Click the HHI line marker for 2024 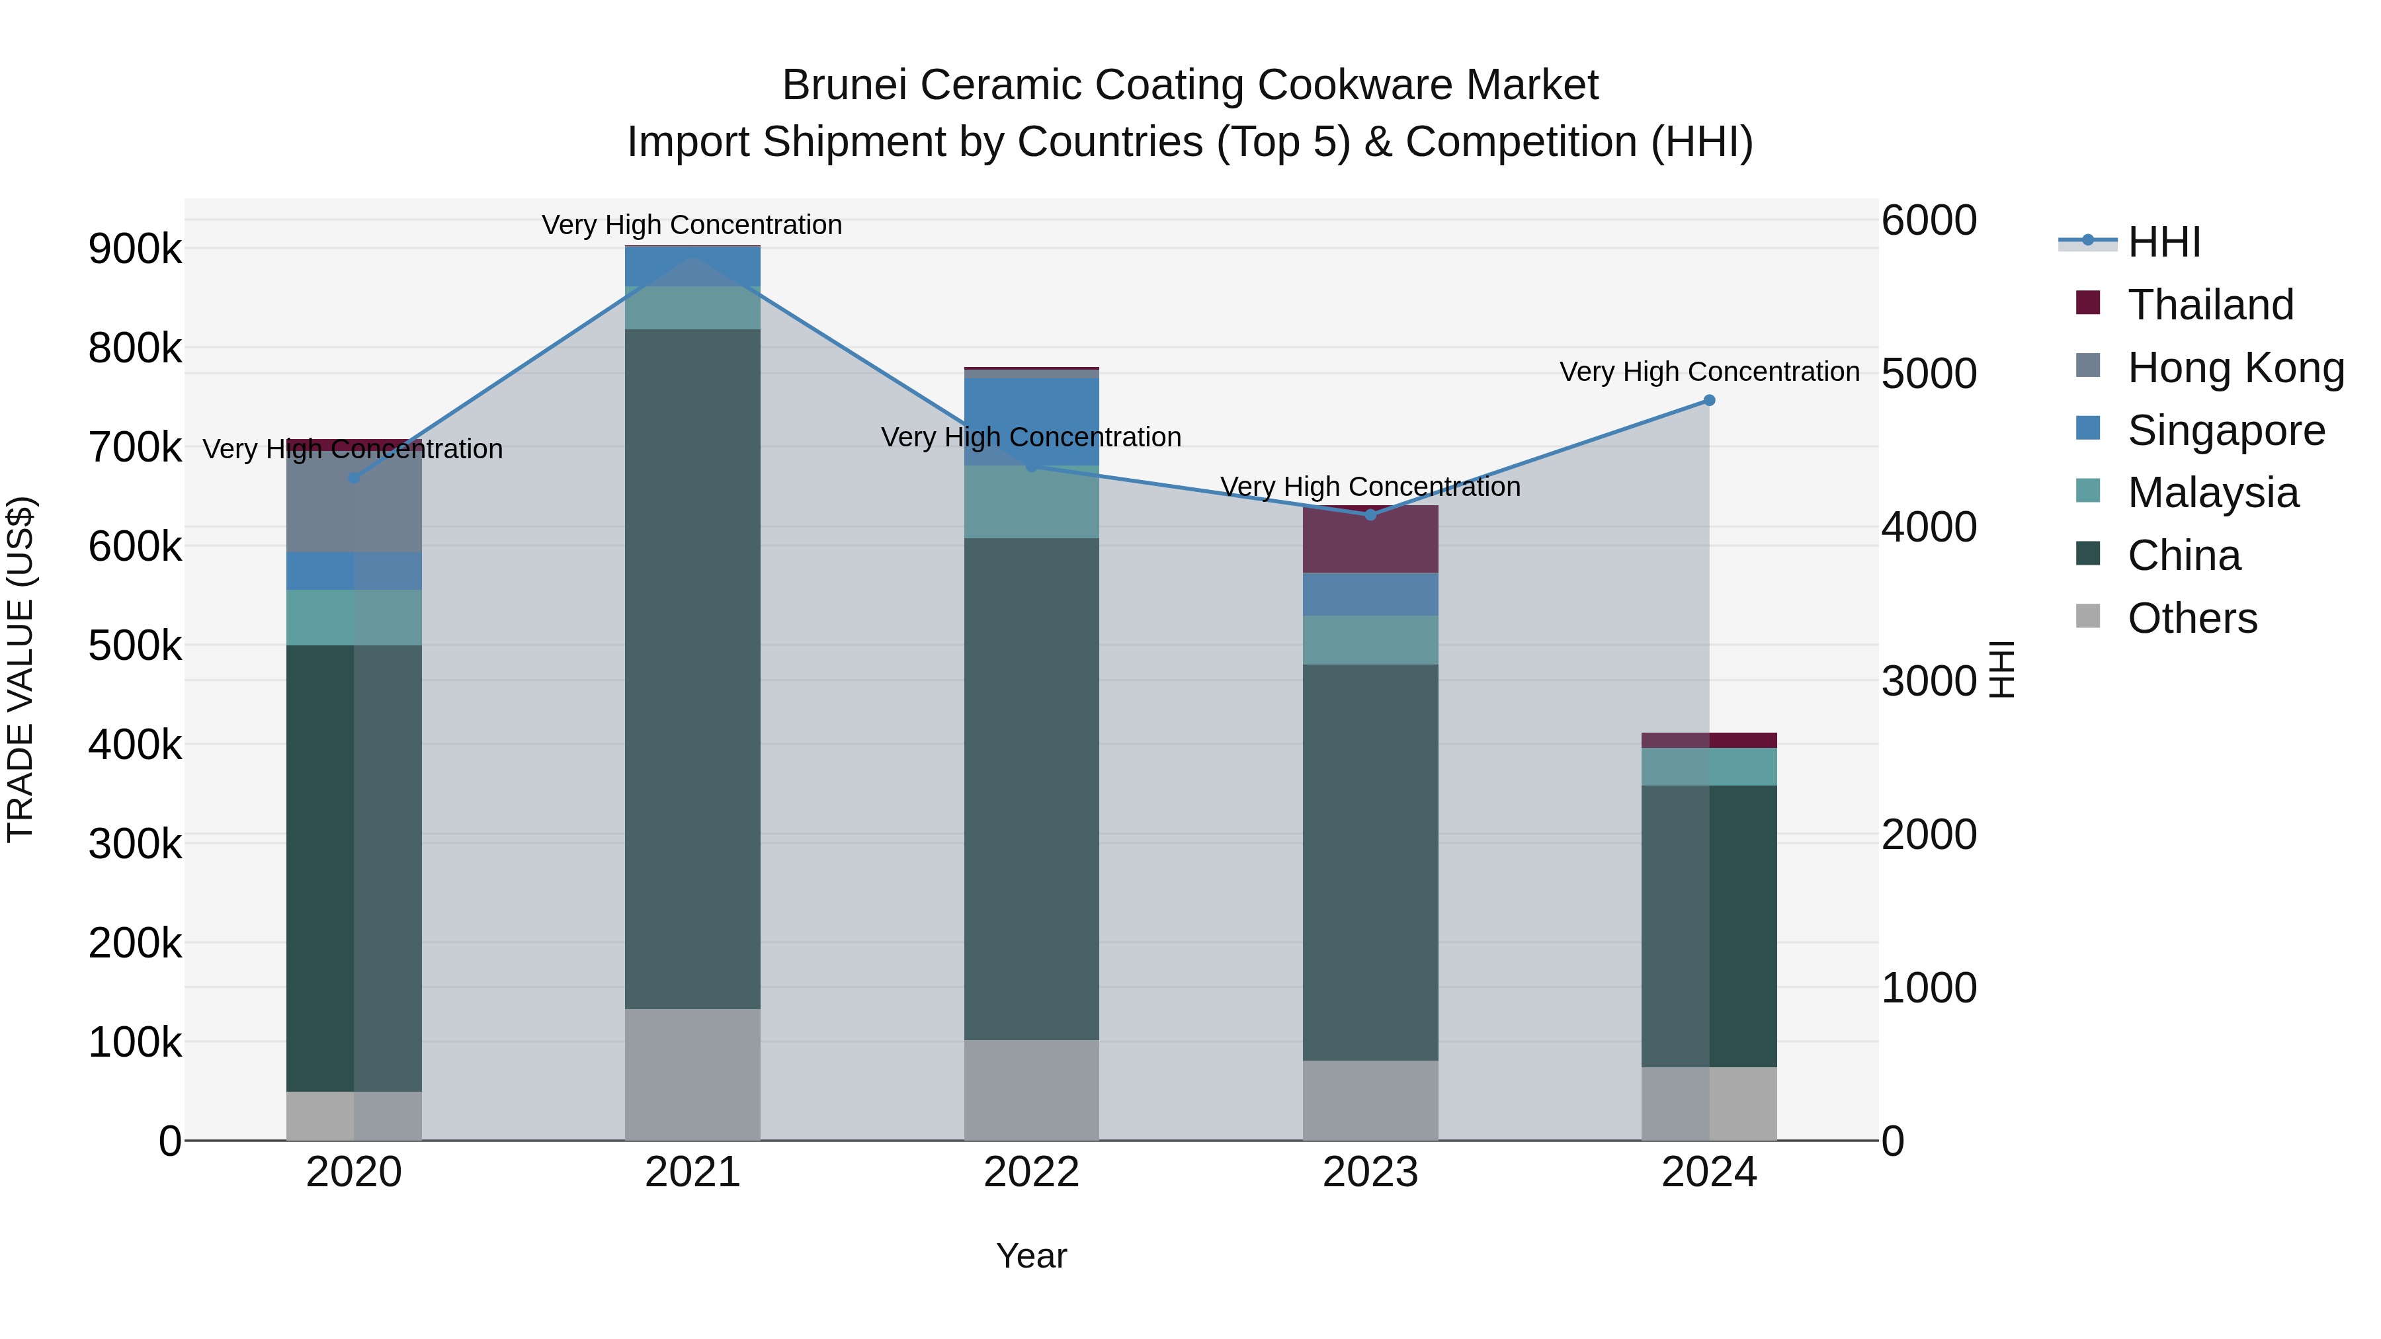1709,400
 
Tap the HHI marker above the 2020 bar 353,478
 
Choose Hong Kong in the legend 2235,368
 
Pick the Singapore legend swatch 2088,428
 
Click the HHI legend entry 2163,242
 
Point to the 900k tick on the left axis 135,249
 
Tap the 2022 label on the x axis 1032,1172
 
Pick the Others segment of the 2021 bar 692,1074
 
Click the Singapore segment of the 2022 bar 1032,421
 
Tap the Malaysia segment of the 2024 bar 1709,767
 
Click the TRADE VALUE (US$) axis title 21,669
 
